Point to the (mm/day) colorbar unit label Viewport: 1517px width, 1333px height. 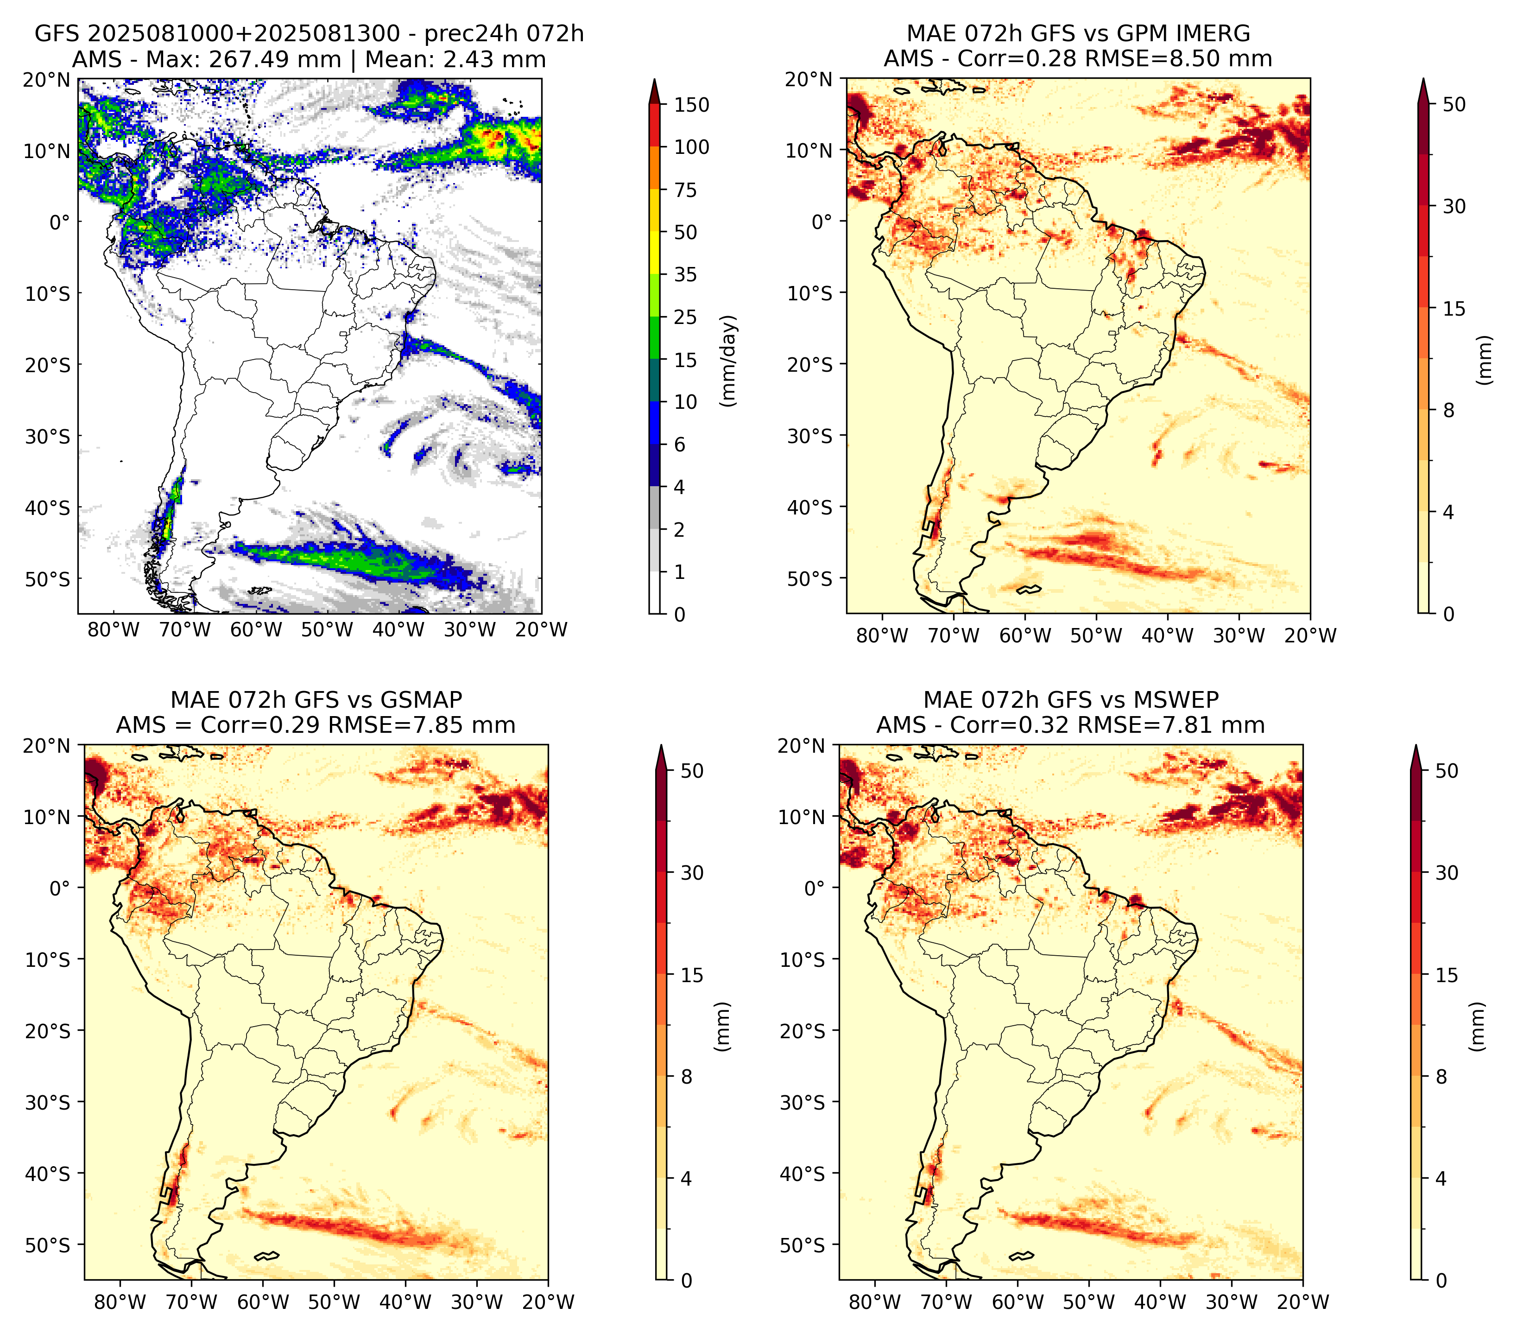pos(730,361)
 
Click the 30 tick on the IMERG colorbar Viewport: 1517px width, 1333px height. pos(1454,206)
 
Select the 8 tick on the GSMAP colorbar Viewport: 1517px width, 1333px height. pos(686,1077)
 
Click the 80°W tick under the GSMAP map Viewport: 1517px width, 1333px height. pos(120,1302)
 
